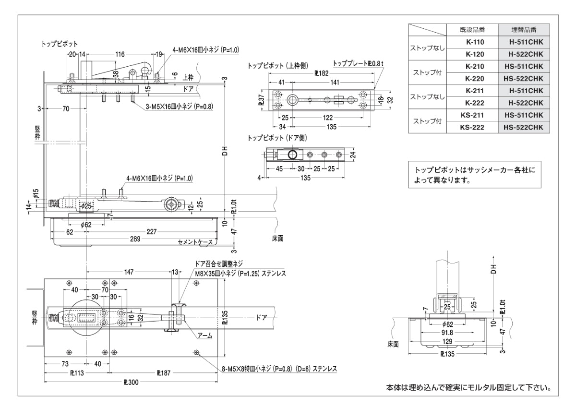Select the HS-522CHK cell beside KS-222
point(524,127)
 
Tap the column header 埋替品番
point(524,30)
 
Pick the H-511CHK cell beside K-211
point(524,91)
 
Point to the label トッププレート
point(352,63)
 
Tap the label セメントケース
point(195,242)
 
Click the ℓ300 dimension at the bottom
point(131,383)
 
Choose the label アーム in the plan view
point(205,336)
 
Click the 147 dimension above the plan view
point(129,272)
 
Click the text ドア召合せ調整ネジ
point(219,263)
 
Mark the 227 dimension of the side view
point(152,231)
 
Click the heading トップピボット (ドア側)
point(277,138)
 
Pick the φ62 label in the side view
point(86,224)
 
